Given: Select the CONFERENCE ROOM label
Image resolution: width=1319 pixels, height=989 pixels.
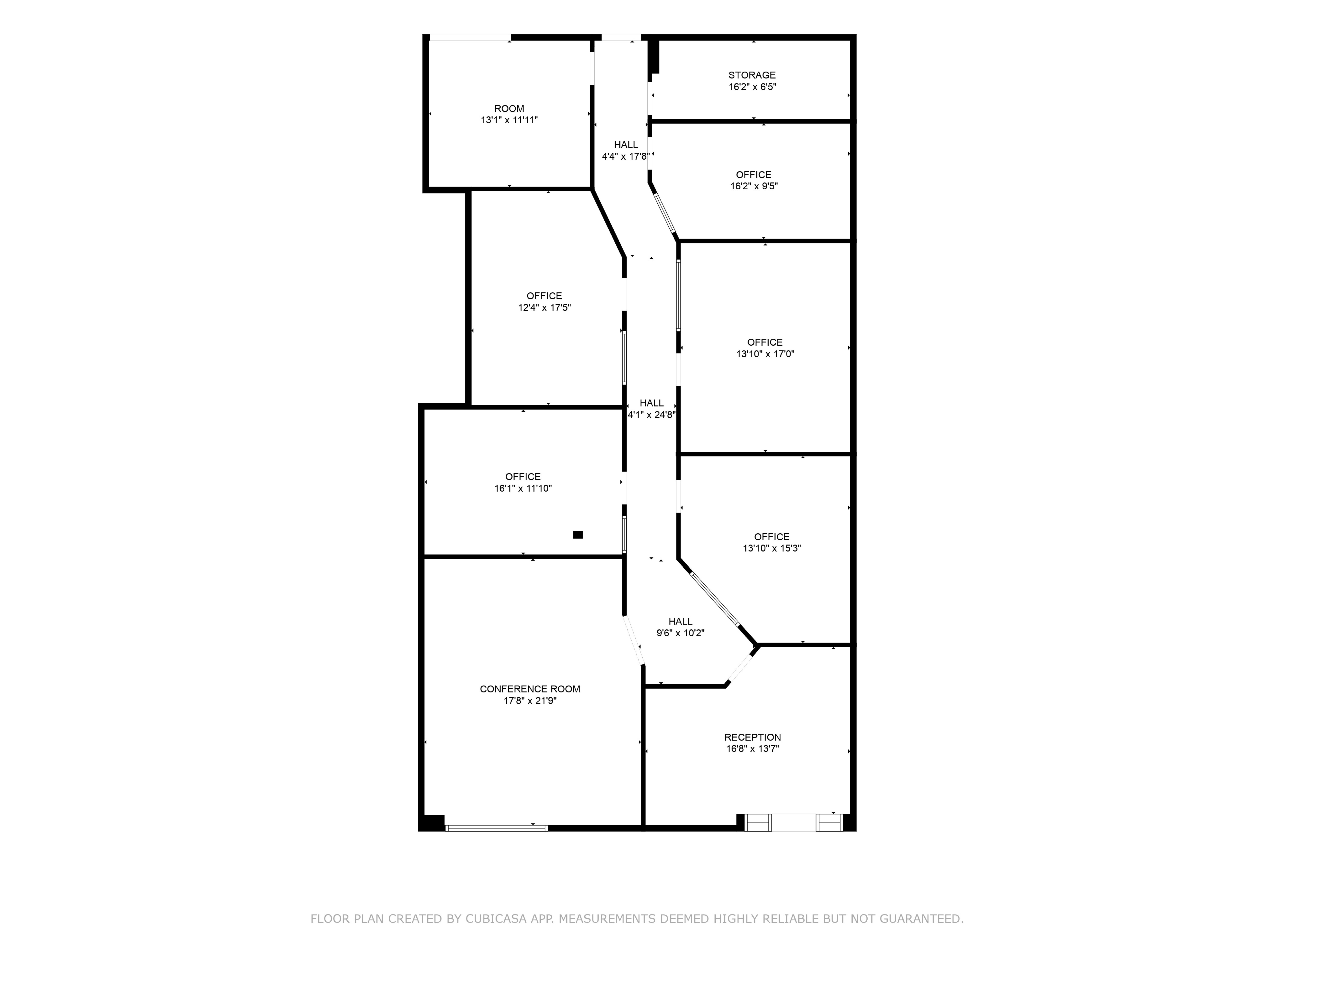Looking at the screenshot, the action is (x=530, y=689).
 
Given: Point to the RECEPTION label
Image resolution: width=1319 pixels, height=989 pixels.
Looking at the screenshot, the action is (x=753, y=737).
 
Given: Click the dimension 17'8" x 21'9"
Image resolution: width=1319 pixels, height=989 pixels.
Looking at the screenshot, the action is (x=530, y=701).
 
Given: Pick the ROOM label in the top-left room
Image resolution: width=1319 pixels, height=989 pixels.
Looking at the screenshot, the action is (x=509, y=109).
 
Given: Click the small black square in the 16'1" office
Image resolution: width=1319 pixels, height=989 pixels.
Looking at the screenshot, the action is (x=578, y=534).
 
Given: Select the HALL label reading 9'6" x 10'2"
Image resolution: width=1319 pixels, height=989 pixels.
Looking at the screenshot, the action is (x=680, y=622).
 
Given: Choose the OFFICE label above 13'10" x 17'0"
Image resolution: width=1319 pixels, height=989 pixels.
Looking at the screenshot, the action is (x=765, y=342).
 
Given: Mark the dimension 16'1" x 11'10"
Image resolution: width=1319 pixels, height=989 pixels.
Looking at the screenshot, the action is (x=523, y=489).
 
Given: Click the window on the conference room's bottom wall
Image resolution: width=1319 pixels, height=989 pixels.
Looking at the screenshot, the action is (x=497, y=828).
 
